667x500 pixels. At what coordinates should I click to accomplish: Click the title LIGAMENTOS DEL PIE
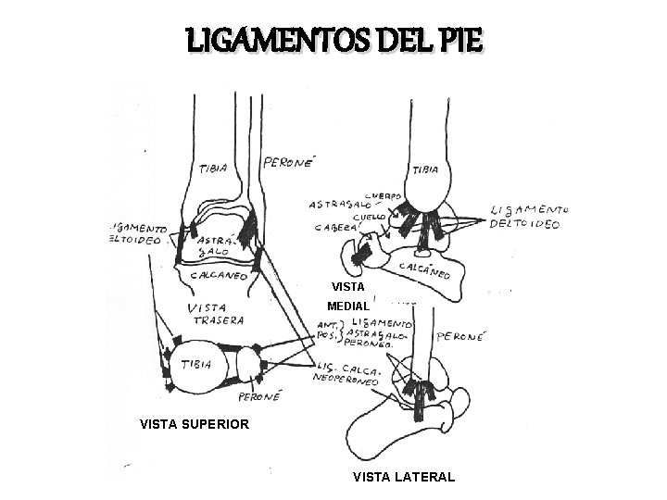point(333,41)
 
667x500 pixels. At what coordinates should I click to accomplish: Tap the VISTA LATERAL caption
point(403,477)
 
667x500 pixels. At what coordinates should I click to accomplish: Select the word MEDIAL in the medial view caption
point(348,306)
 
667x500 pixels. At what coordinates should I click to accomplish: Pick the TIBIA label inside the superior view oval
point(196,365)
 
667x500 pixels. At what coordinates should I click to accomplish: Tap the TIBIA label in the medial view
point(425,169)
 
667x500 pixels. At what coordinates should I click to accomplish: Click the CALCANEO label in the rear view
point(219,274)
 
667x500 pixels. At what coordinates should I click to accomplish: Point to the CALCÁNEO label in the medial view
point(424,269)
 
